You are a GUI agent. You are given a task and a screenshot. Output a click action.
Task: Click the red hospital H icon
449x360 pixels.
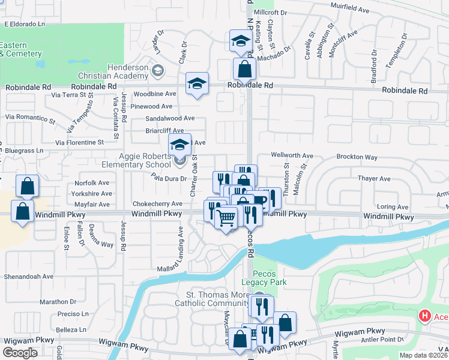[425, 315]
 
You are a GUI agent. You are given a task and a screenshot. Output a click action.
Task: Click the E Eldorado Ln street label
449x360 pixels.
[25, 25]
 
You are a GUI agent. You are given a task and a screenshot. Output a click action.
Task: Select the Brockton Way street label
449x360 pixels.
[357, 157]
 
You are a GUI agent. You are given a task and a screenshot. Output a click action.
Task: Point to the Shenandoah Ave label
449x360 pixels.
[29, 277]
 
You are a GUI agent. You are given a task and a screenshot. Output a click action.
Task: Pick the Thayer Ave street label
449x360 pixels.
[374, 179]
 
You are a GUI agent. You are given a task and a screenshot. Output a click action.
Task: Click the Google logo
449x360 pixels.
[20, 353]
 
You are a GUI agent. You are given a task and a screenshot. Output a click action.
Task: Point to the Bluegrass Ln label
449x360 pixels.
[24, 150]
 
